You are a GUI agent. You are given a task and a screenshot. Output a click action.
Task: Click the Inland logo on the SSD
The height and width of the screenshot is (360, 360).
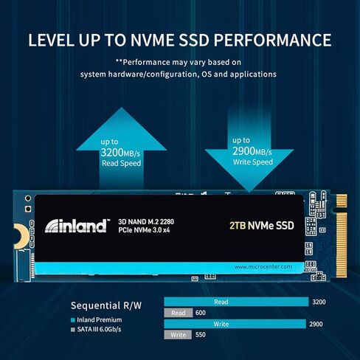(x=76, y=226)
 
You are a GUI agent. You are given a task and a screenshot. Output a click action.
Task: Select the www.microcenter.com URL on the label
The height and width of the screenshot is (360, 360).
(x=266, y=266)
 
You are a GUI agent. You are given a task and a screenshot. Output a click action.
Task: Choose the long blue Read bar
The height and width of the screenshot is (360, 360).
(x=236, y=302)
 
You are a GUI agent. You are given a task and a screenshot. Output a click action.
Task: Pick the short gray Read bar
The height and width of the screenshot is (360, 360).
(x=178, y=313)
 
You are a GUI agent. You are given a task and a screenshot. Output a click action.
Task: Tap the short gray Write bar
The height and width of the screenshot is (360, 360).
(x=177, y=335)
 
